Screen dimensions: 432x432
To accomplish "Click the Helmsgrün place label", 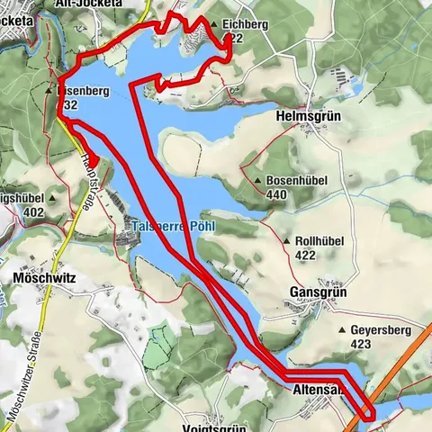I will [x=311, y=116].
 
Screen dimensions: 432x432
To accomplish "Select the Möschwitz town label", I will [x=45, y=279].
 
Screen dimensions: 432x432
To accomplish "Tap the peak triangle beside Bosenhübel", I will [x=258, y=181].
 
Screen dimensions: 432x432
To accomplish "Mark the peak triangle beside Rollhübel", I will [x=285, y=241].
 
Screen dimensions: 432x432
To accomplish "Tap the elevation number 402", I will [x=35, y=212].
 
